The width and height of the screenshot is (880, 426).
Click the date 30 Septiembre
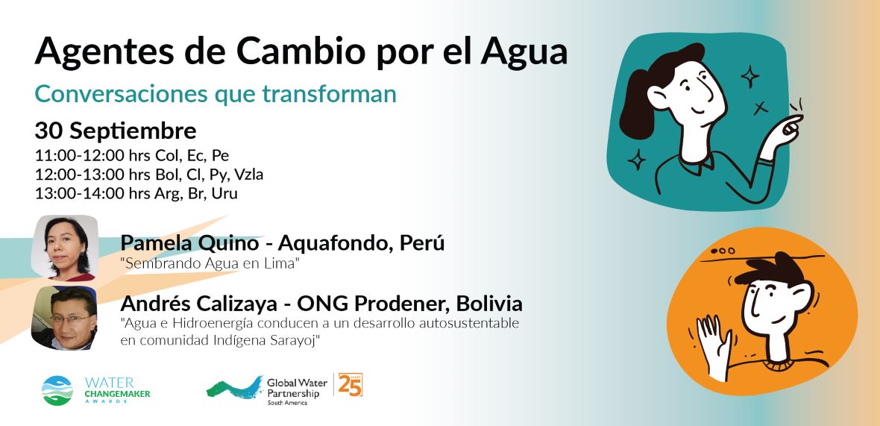[116, 132]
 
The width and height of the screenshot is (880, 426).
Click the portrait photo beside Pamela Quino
[65, 248]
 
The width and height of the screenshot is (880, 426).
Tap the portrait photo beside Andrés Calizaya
[65, 318]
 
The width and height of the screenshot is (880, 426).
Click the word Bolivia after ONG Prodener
[488, 304]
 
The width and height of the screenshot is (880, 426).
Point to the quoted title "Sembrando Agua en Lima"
[209, 264]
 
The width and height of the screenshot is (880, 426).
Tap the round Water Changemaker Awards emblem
[57, 391]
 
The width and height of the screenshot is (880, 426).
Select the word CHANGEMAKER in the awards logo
[117, 394]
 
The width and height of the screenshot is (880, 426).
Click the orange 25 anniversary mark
[350, 385]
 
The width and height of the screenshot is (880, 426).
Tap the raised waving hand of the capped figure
[713, 339]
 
